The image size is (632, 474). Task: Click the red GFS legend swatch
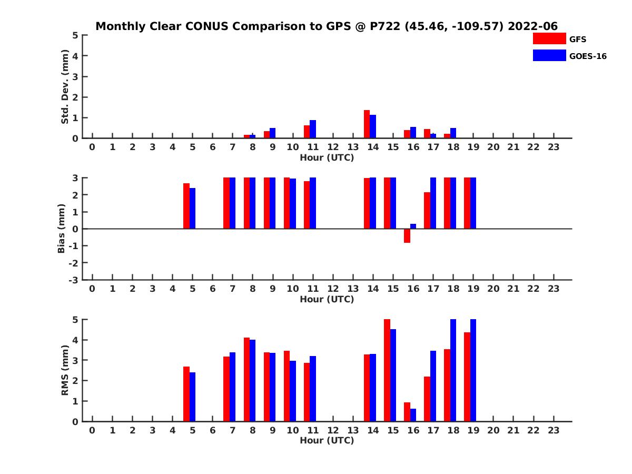549,38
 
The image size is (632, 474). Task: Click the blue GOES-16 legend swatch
549,55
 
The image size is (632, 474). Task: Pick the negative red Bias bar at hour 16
407,235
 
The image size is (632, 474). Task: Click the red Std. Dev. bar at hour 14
367,124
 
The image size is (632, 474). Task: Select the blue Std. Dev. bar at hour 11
313,129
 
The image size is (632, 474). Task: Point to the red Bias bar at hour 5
186,206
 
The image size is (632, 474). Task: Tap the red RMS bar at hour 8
246,379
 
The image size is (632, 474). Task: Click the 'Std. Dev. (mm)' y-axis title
65,87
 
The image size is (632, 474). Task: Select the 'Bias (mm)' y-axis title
62,229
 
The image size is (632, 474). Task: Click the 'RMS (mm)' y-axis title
65,370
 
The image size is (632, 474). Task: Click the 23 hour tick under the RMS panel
553,430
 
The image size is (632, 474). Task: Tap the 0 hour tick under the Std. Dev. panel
92,147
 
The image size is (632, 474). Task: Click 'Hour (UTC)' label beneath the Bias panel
327,299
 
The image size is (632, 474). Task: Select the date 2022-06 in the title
532,26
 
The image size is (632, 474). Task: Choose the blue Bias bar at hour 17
433,203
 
